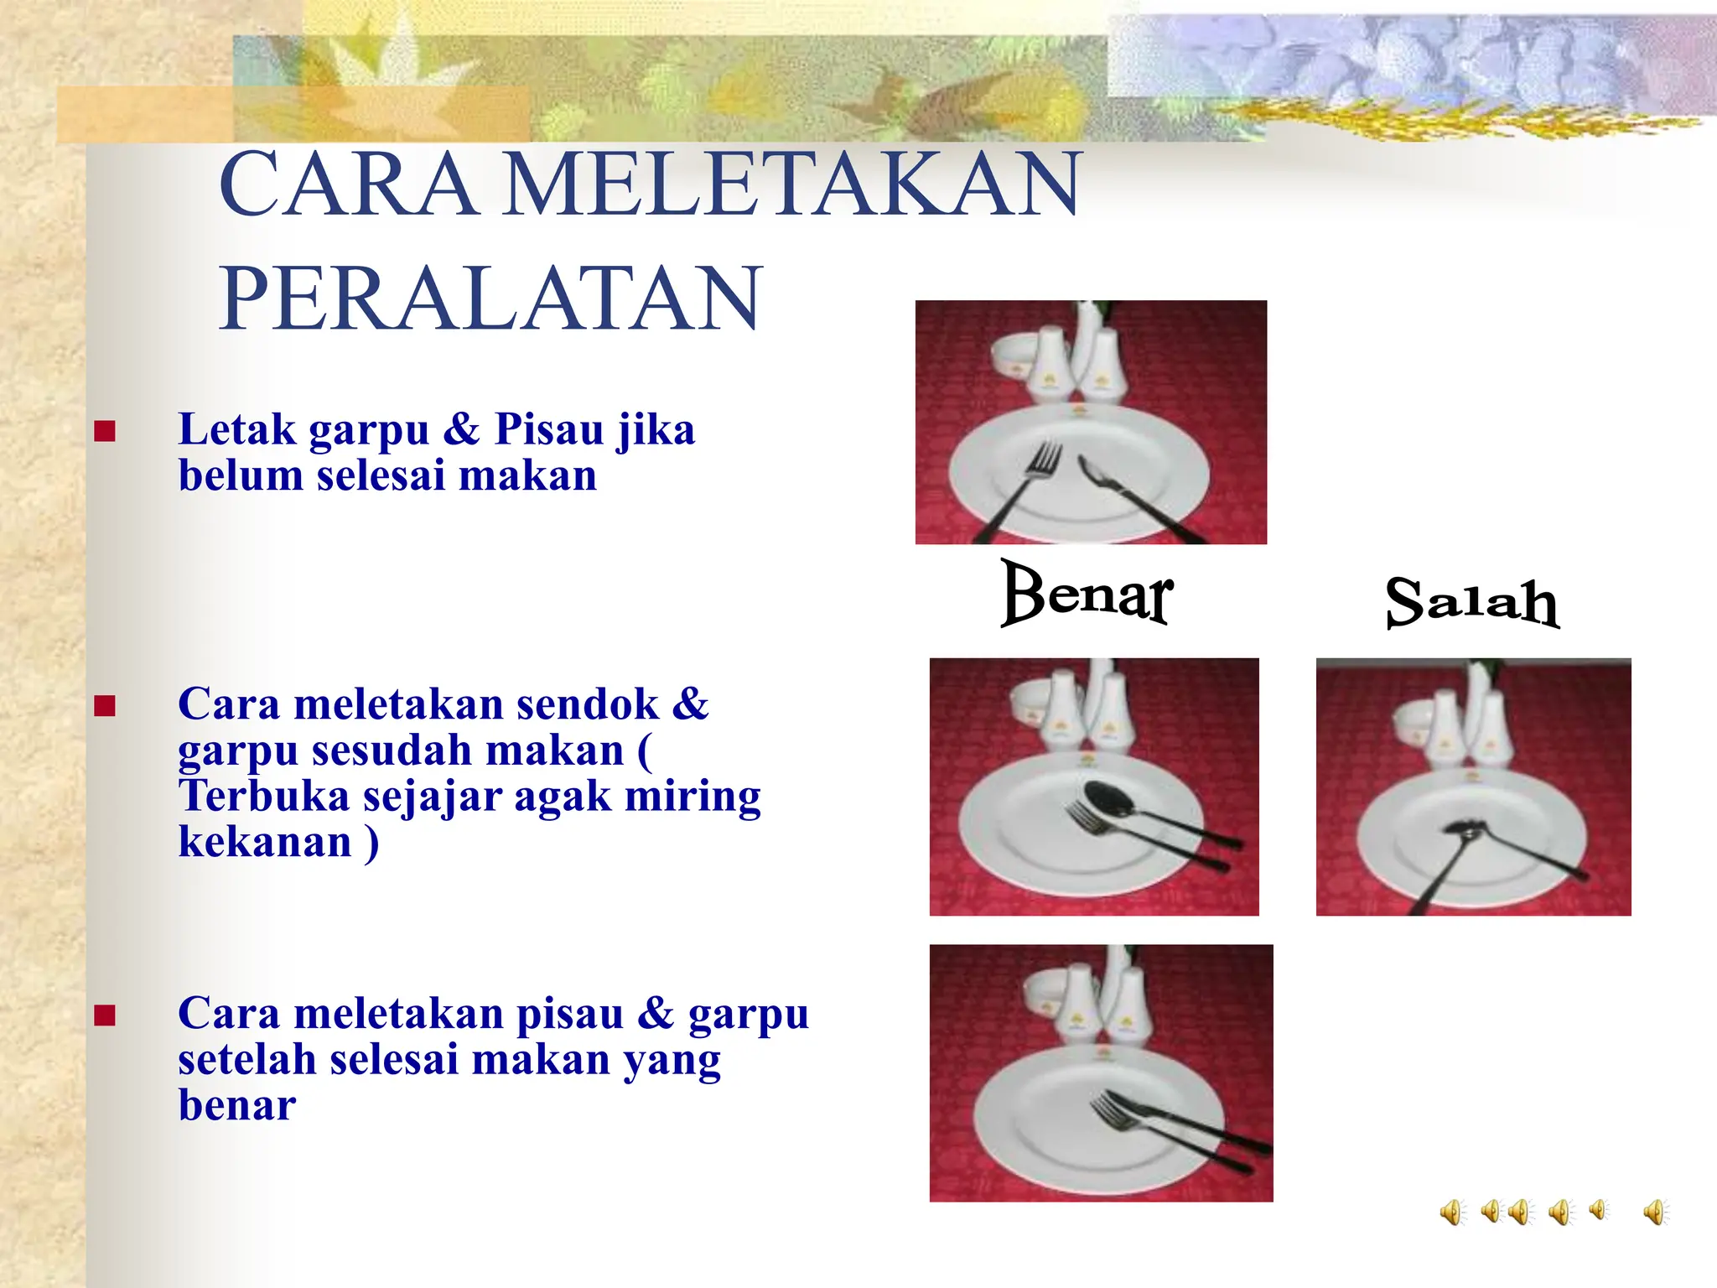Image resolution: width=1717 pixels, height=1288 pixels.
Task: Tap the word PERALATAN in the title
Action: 491,299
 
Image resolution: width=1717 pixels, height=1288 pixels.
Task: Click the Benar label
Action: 1087,594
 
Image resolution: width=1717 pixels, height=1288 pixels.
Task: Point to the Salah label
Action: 1472,601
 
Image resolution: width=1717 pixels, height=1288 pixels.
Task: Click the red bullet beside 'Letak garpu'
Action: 105,432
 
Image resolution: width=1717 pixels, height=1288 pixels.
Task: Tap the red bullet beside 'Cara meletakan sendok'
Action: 105,706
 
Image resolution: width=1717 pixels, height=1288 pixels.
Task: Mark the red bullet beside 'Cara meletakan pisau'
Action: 105,1016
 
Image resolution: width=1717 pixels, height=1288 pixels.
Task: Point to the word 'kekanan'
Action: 265,842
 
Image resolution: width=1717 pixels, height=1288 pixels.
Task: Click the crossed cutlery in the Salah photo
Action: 1464,830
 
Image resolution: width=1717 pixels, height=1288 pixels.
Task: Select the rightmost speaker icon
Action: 1655,1213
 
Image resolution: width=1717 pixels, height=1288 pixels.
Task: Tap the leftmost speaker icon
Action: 1452,1213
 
